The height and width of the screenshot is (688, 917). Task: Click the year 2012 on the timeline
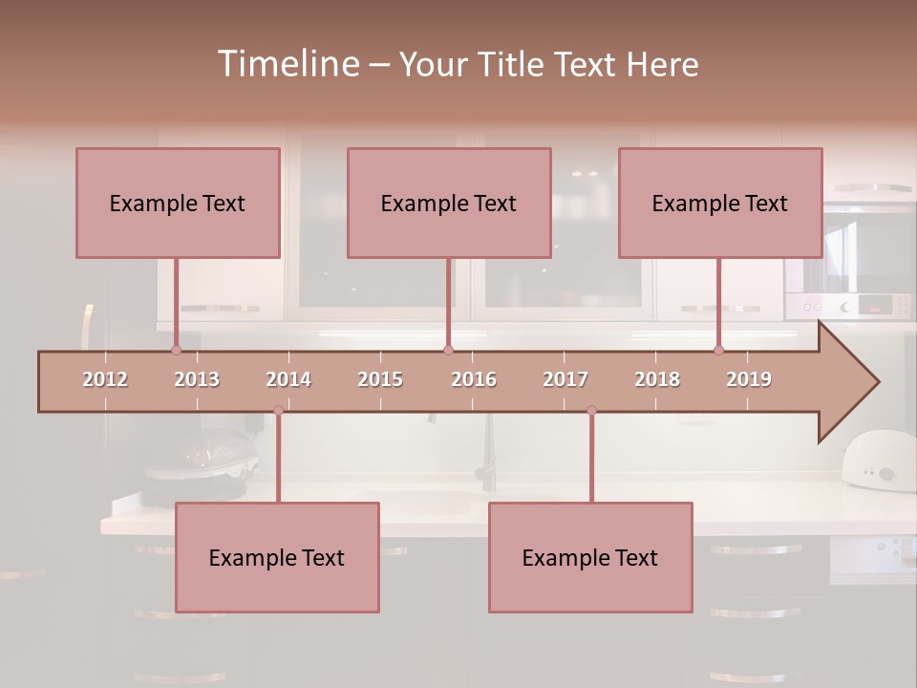point(105,379)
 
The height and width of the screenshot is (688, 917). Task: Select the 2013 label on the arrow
point(197,379)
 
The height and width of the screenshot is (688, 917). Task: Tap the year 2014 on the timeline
point(288,379)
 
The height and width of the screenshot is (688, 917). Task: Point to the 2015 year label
point(380,379)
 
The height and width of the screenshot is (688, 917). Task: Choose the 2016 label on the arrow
point(474,379)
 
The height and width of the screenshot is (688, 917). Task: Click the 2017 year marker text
point(565,379)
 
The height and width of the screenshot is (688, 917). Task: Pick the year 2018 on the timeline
point(657,379)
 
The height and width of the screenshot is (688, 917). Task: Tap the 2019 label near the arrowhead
point(749,379)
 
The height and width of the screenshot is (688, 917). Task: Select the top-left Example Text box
point(178,203)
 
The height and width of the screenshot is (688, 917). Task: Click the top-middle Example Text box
point(449,203)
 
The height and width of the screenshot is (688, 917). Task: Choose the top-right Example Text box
point(720,203)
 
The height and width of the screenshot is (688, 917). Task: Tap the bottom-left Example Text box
point(277,558)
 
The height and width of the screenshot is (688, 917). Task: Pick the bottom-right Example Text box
point(590,558)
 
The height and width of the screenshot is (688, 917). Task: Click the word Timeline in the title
point(287,64)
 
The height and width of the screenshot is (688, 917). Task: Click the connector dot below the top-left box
point(176,350)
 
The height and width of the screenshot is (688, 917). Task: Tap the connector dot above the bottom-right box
point(591,410)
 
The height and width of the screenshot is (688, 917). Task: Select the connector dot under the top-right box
point(718,350)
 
